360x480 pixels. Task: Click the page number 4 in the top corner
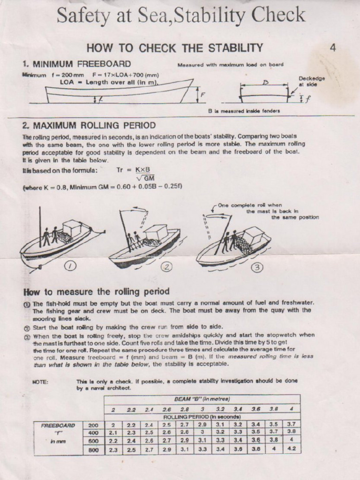tap(332, 47)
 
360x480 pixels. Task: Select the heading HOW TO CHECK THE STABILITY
tap(175, 48)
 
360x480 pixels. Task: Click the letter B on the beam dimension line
tap(265, 83)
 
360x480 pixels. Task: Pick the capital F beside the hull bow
tap(202, 94)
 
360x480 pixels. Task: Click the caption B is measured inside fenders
tap(244, 111)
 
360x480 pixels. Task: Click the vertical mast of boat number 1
tap(40, 230)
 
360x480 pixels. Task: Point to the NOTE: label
tap(41, 381)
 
